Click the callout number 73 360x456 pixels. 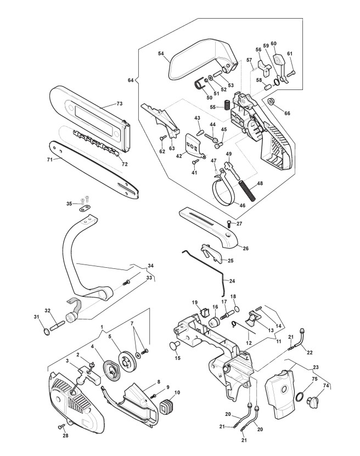click(119, 104)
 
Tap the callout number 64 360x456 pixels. click(131, 80)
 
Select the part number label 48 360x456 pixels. click(260, 183)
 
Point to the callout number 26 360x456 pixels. click(246, 249)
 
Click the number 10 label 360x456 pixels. click(177, 392)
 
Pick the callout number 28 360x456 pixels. click(65, 436)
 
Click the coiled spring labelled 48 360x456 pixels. click(248, 190)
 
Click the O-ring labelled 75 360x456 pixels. click(300, 397)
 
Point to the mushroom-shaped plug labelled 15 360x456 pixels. click(174, 346)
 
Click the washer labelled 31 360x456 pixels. click(46, 332)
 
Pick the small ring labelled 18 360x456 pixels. click(237, 308)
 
